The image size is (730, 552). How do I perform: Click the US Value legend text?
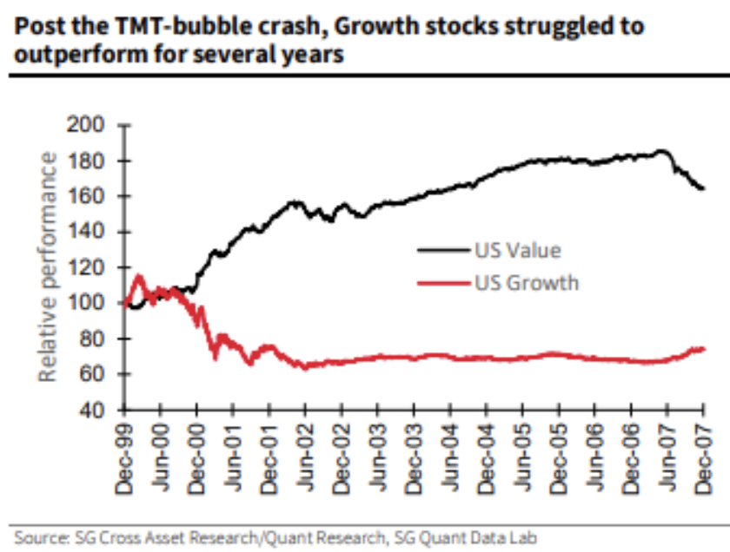point(517,251)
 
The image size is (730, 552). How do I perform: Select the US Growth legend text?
point(527,283)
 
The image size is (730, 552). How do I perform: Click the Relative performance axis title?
point(49,266)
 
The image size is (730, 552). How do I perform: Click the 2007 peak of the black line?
point(662,152)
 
